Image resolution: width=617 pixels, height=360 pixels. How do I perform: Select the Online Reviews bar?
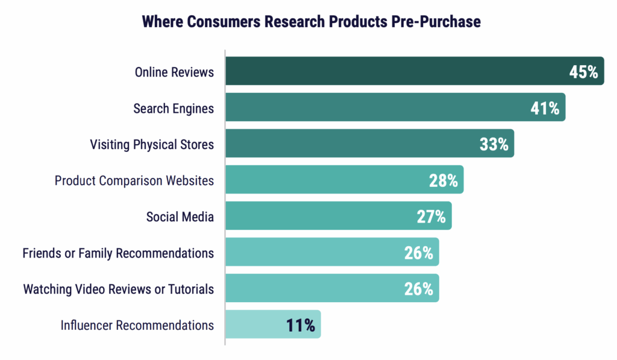pyautogui.click(x=392, y=71)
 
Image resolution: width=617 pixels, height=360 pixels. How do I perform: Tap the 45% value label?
pyautogui.click(x=583, y=72)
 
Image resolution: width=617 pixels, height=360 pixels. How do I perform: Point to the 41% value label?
pyautogui.click(x=545, y=109)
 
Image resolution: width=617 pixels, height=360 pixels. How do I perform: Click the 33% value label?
pyautogui.click(x=494, y=145)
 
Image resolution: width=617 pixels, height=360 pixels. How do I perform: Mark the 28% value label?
pyautogui.click(x=443, y=181)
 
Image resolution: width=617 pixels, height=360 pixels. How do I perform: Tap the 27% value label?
pyautogui.click(x=431, y=217)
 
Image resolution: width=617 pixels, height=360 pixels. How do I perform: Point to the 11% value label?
pyautogui.click(x=301, y=326)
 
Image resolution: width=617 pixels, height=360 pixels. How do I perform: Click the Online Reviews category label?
pyautogui.click(x=174, y=72)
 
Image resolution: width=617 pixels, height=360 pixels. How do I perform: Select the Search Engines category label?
pyautogui.click(x=174, y=109)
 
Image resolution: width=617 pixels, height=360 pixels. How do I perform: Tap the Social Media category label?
pyautogui.click(x=180, y=216)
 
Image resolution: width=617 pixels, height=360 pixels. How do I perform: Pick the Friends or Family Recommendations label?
pyautogui.click(x=118, y=253)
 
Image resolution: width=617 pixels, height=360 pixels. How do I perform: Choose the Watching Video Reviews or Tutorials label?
pyautogui.click(x=119, y=289)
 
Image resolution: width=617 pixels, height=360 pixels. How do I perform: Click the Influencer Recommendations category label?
pyautogui.click(x=137, y=325)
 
